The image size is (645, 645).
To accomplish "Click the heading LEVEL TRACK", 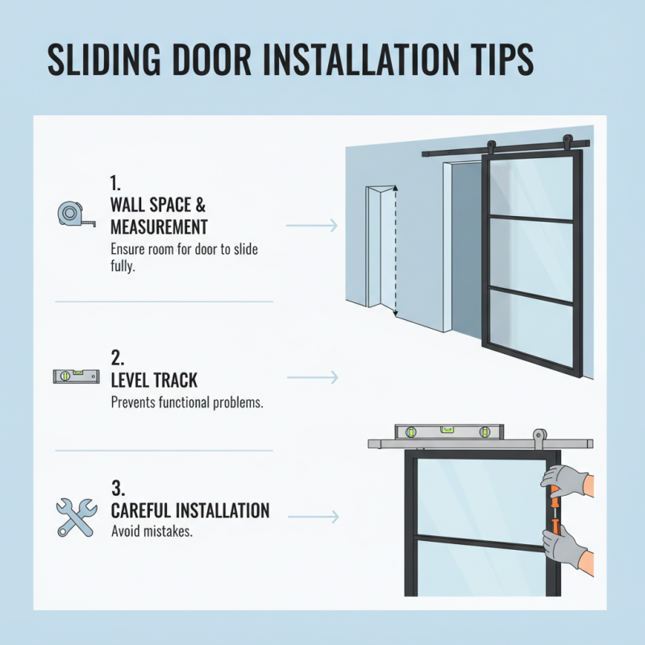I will click(154, 378).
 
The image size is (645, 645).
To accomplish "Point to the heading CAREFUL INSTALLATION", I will click(190, 510).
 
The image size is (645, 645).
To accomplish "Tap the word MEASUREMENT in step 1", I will click(159, 227).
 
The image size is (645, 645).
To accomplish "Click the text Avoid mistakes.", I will click(152, 532).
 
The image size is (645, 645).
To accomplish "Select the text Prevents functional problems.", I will click(186, 402).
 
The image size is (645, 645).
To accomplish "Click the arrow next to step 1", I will click(311, 225).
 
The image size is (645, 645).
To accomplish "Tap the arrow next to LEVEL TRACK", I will click(311, 377).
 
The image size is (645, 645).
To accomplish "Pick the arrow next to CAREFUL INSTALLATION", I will click(311, 515).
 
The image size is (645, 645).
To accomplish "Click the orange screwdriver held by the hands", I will click(555, 512).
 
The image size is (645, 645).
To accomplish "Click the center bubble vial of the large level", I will click(446, 431).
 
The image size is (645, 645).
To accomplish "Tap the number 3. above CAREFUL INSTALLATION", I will click(117, 487).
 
